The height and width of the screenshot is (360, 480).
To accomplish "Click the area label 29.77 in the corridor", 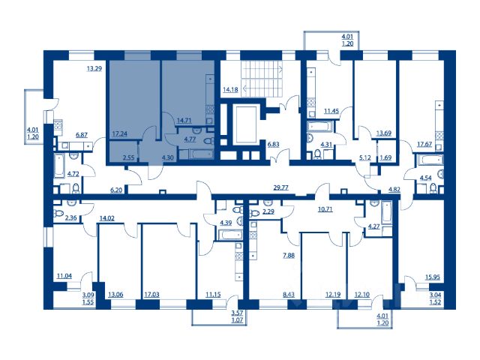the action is tap(280, 187).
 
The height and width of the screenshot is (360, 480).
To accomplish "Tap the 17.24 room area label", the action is tap(120, 133).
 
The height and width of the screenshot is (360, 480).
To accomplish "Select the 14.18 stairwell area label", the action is tap(230, 90).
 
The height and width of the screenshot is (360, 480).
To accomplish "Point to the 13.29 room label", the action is tap(94, 68).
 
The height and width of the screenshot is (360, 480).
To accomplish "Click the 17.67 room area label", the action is tap(424, 143).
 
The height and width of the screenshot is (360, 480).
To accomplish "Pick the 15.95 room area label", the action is tap(433, 277).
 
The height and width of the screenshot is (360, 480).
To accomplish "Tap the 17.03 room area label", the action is tap(151, 295).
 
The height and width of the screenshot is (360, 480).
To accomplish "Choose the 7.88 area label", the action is tap(289, 255).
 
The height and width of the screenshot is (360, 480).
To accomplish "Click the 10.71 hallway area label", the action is tap(325, 210).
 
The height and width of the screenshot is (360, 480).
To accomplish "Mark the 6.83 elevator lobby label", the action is tap(273, 144).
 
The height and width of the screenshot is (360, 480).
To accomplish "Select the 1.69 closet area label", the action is tap(385, 158).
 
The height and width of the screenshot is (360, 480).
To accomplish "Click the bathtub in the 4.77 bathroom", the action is tap(196, 154).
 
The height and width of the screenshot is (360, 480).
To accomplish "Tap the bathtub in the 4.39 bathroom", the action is tap(230, 235).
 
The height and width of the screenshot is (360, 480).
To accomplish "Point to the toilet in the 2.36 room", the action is tap(58, 213).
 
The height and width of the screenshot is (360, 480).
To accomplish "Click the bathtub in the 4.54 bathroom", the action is tap(429, 160).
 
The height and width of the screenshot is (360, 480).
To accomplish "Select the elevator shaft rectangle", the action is tap(246, 124).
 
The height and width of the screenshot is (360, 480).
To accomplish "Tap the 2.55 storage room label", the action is tap(129, 158).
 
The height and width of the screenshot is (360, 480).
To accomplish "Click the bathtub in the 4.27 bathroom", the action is tap(387, 212).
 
